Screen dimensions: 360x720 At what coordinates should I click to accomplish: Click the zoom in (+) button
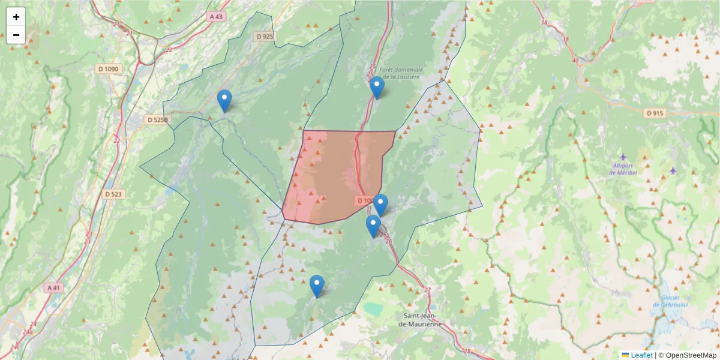pos(16,17)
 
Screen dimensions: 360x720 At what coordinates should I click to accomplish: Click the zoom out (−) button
pos(16,35)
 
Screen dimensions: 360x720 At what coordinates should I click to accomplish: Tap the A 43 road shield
pos(216,16)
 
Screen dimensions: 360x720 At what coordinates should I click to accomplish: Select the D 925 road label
pos(265,37)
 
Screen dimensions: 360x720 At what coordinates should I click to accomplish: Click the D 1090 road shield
pos(109,69)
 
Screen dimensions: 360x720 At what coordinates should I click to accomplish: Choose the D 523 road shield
pos(113,194)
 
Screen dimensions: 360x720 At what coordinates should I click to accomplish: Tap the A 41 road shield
pos(54,288)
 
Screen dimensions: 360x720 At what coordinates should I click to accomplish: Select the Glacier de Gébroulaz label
pos(670,301)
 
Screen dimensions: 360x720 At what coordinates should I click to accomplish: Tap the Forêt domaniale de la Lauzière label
pos(401,73)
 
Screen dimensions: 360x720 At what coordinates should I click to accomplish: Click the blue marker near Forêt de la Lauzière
pos(377,88)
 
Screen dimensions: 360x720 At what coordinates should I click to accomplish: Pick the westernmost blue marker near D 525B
pos(224,101)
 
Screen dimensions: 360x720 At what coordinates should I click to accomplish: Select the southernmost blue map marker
pos(317,286)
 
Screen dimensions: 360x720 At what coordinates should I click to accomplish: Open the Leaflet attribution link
pos(641,355)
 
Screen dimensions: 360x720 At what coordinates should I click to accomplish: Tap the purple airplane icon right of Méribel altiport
pos(673,170)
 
